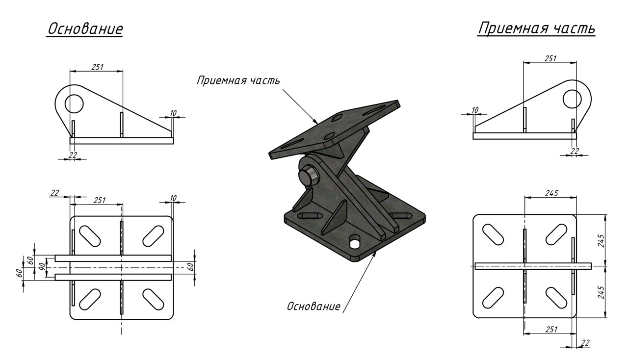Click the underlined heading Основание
click(85, 29)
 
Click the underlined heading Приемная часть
click(536, 28)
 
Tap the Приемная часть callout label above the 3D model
click(238, 80)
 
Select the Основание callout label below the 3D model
click(314, 306)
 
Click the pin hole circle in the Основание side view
click(74, 103)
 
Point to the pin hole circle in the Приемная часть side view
click(572, 99)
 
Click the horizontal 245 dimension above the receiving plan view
click(551, 193)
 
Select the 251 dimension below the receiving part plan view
click(551, 329)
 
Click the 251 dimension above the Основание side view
click(97, 67)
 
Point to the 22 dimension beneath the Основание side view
click(73, 155)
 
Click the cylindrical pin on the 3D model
click(308, 176)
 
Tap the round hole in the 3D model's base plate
click(355, 242)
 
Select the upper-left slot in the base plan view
click(90, 235)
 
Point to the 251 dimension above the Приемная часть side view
click(550, 58)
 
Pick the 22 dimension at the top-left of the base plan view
click(54, 193)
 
